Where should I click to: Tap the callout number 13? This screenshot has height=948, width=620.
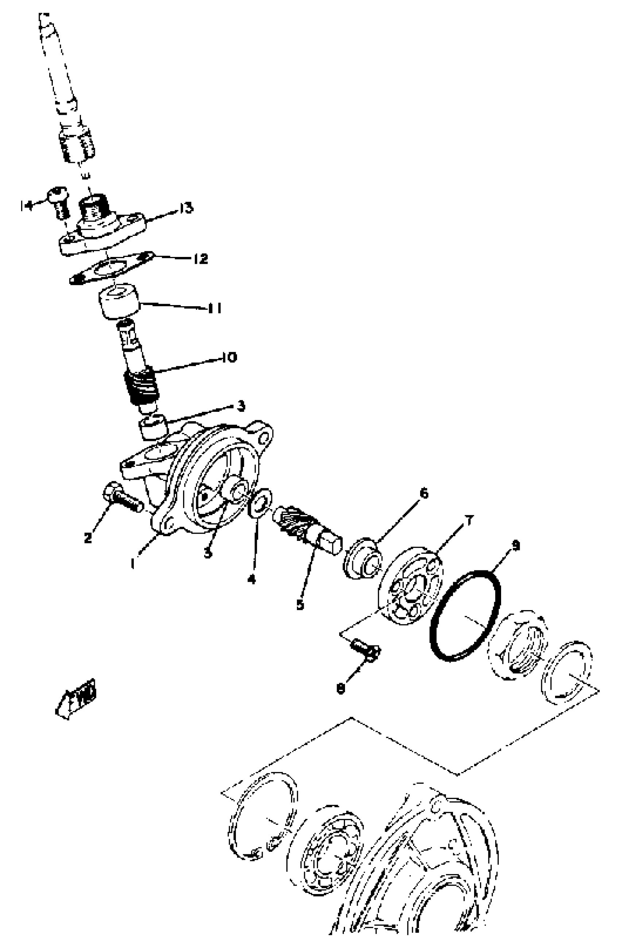pos(186,208)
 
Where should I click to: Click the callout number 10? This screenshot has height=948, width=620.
pos(229,357)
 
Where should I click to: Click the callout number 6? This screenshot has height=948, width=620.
pos(424,493)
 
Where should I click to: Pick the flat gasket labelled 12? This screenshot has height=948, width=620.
pos(112,269)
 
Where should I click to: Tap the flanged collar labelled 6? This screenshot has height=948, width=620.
pos(362,558)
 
